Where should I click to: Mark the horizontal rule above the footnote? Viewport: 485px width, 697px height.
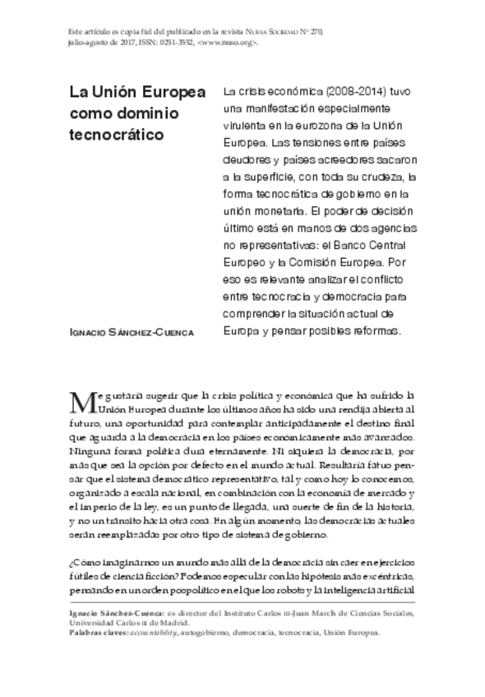tap(242, 606)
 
